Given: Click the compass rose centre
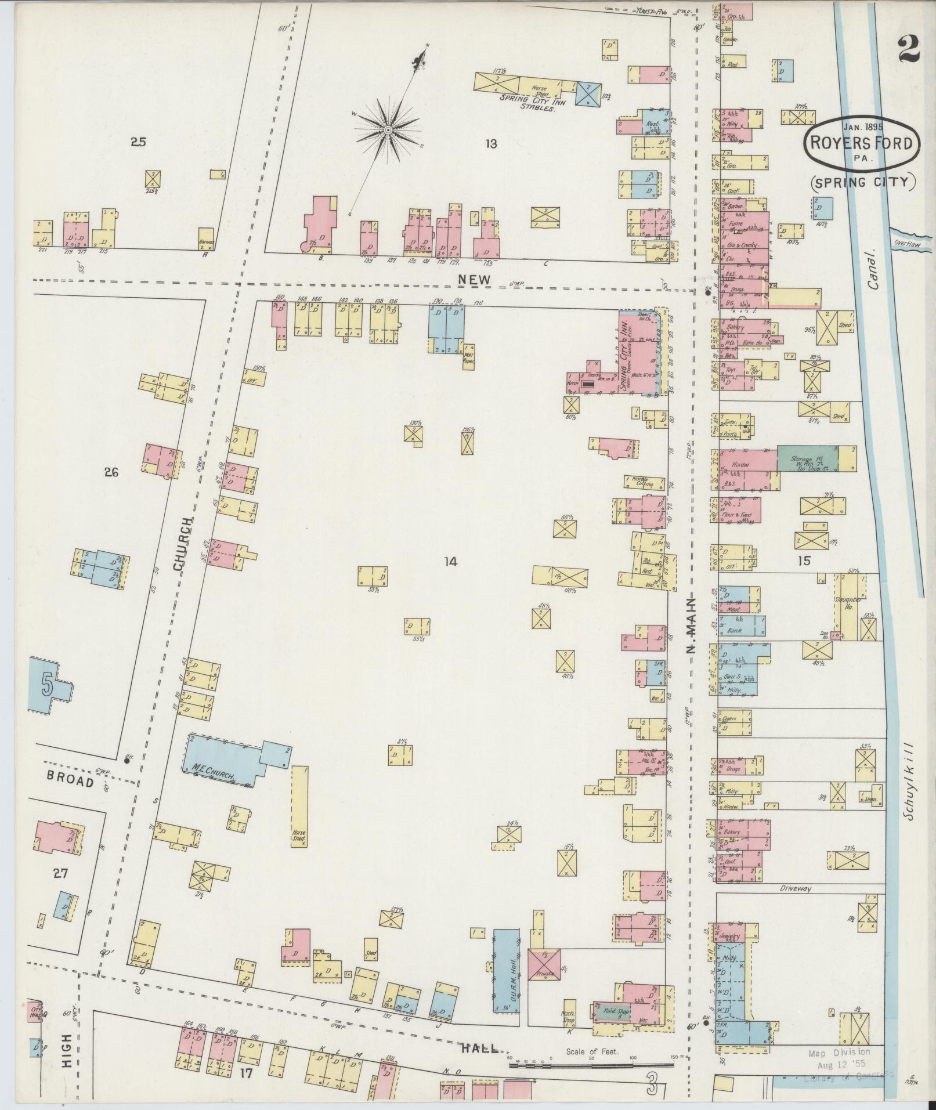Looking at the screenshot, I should pyautogui.click(x=388, y=129).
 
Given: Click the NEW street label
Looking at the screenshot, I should pyautogui.click(x=474, y=280).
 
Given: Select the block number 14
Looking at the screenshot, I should pyautogui.click(x=450, y=561).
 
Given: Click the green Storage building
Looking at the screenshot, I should pyautogui.click(x=807, y=458).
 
